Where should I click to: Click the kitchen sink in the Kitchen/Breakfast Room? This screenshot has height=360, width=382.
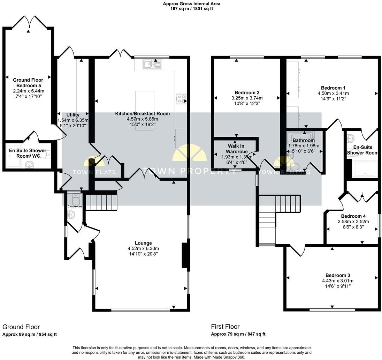point(152,64)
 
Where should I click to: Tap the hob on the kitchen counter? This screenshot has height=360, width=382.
point(181,99)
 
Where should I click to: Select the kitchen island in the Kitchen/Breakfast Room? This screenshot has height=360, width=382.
point(145,110)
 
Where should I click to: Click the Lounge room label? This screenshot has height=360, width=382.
point(143,243)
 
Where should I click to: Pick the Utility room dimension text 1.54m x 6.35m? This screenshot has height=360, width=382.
point(73,120)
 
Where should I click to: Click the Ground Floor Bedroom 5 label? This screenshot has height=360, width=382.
point(30,83)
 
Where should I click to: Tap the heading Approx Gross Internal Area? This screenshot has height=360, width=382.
point(191,4)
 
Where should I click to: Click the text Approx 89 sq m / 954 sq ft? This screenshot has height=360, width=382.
point(30,335)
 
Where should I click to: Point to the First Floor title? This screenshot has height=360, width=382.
point(225,327)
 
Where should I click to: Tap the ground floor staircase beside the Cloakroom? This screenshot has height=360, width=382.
point(101,202)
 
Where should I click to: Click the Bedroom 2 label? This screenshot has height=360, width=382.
point(247,92)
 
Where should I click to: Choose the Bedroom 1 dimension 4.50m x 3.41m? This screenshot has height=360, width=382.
point(333,93)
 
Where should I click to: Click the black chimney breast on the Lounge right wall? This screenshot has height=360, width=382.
point(185,255)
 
